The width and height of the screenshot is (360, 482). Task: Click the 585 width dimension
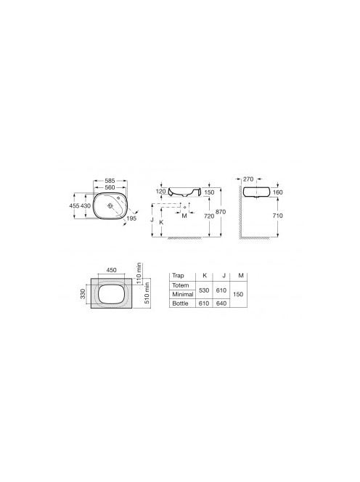110,181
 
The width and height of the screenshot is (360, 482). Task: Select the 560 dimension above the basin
110,187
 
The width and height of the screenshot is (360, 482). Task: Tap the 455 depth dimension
75,205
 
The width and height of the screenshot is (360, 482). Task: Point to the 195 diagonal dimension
131,218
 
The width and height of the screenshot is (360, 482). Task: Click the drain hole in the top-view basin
110,205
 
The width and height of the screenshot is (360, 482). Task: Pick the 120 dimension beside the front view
161,191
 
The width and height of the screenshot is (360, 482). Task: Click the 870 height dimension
221,212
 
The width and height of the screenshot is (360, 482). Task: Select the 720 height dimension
209,216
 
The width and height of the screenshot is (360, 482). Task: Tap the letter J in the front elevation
152,220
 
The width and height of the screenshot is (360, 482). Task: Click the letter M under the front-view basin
184,216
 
